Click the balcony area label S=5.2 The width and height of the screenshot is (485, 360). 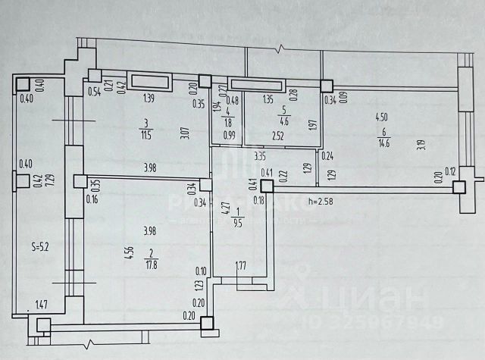click(42, 246)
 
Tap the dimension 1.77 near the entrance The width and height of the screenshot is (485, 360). click(240, 265)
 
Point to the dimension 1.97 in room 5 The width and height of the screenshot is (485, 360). click(311, 124)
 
